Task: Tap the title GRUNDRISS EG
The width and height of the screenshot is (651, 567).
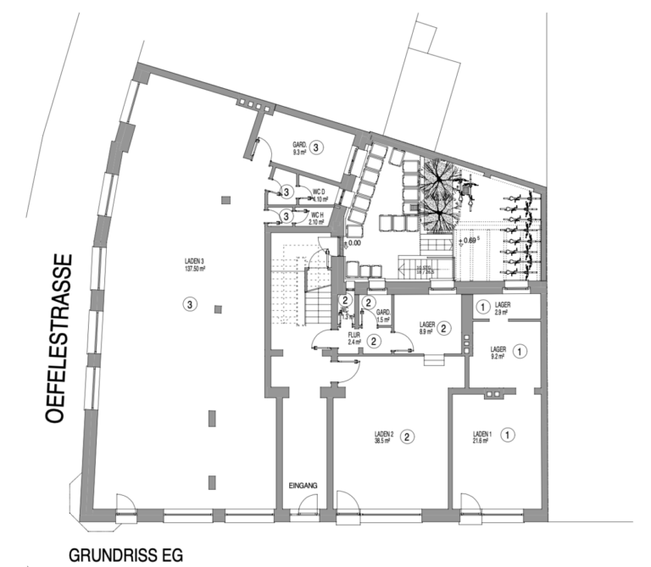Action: pos(125,555)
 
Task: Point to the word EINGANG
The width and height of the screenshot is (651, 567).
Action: pos(303,485)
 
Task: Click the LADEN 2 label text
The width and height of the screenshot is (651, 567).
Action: pos(387,433)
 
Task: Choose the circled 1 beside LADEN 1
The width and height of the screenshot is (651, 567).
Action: pos(508,435)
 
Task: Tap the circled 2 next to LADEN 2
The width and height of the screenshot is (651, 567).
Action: pos(408,437)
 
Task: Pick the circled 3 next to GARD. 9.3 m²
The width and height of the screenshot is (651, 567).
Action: pos(316,147)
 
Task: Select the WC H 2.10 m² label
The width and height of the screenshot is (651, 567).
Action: pos(318,218)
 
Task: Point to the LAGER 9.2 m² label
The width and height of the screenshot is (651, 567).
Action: pos(498,353)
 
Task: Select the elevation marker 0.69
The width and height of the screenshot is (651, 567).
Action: pos(469,241)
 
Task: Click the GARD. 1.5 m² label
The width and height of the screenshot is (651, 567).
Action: pos(384,316)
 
